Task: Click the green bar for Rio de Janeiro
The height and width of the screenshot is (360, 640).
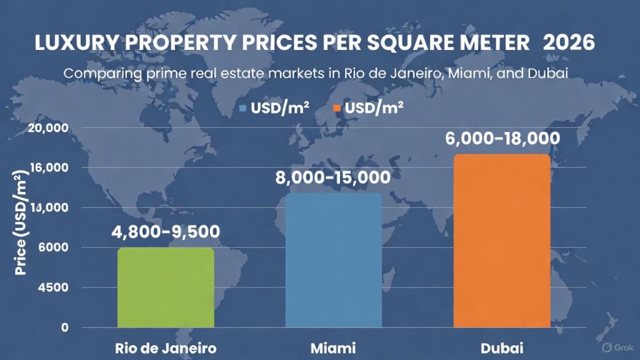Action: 166,287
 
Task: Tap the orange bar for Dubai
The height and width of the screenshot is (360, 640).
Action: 502,241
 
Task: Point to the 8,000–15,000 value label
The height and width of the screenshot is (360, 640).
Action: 332,177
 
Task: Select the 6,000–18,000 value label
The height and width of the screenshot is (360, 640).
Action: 502,137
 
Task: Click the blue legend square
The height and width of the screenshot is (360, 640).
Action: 244,108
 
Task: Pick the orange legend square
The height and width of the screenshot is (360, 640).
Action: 336,108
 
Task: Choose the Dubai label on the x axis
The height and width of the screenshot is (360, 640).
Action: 502,347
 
